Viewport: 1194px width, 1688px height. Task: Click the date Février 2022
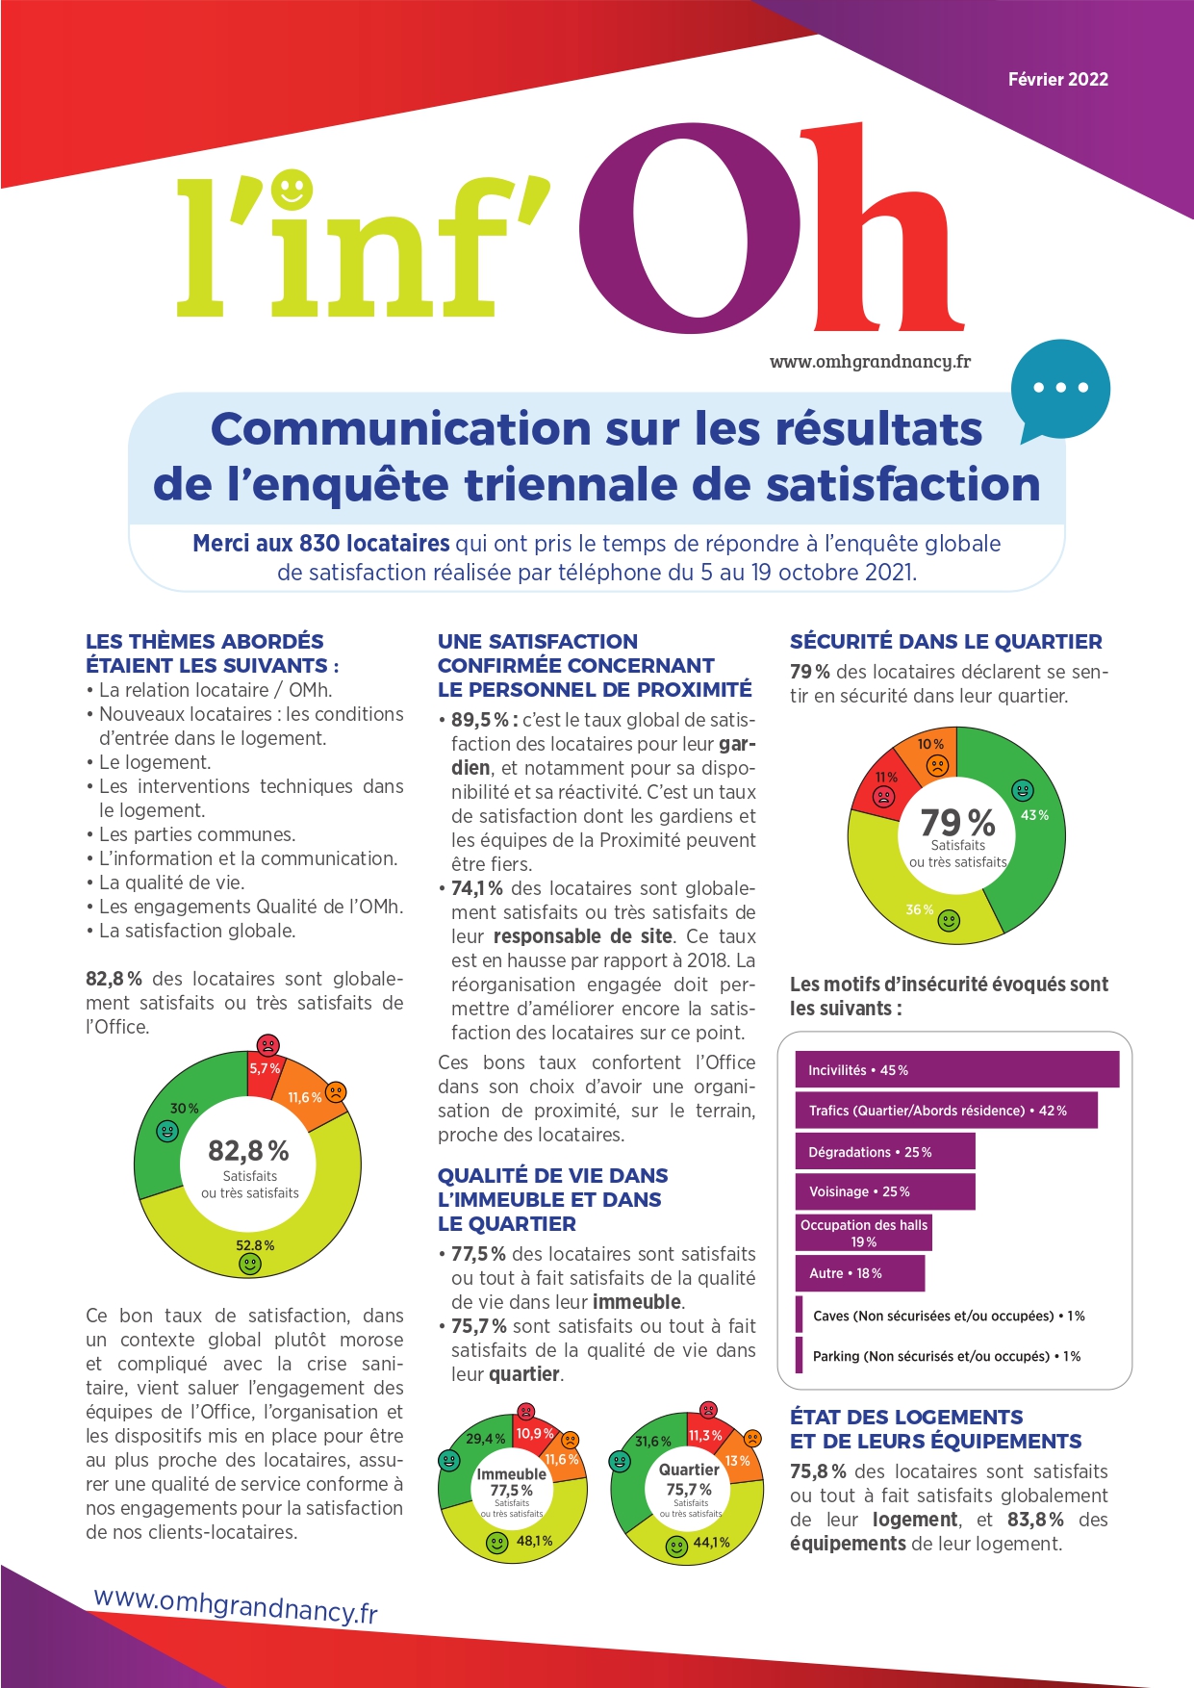(x=1057, y=80)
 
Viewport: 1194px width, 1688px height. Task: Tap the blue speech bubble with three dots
(x=1059, y=389)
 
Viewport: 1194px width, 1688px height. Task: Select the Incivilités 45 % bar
(x=956, y=1070)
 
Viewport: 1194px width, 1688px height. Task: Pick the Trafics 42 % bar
(x=946, y=1111)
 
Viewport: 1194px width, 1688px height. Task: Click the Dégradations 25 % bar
(x=884, y=1152)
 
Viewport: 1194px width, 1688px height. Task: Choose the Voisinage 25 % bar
(x=884, y=1191)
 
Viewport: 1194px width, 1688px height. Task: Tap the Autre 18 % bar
(x=859, y=1273)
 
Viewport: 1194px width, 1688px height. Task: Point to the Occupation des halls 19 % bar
(x=863, y=1233)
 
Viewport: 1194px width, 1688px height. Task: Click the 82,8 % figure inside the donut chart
(x=248, y=1151)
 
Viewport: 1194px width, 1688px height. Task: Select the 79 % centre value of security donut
(x=957, y=822)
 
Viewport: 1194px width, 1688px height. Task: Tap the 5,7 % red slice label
(x=265, y=1069)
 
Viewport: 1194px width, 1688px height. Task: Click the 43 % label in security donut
(x=1034, y=815)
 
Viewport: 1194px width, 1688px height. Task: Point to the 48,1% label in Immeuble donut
(x=535, y=1541)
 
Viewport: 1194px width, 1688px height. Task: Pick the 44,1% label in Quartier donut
(x=712, y=1542)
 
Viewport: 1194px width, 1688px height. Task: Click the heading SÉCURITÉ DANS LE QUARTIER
(x=946, y=642)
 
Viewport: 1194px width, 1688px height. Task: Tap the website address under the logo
(x=870, y=362)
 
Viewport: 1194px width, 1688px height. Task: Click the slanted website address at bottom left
(x=236, y=1604)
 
